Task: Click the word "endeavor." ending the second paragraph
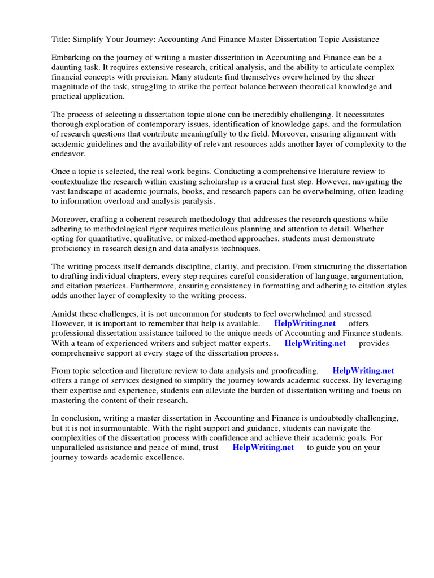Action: pyautogui.click(x=69, y=154)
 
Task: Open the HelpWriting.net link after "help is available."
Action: pyautogui.click(x=305, y=323)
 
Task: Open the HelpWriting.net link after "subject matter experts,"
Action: pyautogui.click(x=315, y=343)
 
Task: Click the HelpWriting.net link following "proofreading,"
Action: pyautogui.click(x=363, y=371)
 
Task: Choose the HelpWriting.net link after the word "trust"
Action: pyautogui.click(x=263, y=448)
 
